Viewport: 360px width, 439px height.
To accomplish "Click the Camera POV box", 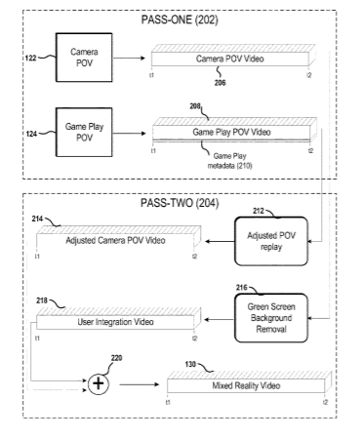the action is (x=84, y=58).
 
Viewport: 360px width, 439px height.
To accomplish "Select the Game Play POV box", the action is (x=84, y=133).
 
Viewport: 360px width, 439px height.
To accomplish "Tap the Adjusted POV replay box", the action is (x=271, y=241).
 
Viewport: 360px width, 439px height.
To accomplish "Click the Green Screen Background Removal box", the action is (x=271, y=318).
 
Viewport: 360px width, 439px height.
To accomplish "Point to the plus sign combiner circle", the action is (x=99, y=384).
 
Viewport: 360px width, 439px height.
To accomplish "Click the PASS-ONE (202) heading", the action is (x=180, y=20).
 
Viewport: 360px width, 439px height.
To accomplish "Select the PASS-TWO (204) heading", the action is (x=180, y=203).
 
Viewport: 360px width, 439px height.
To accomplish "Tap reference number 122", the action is (x=31, y=59).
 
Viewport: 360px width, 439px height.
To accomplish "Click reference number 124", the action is (x=31, y=134).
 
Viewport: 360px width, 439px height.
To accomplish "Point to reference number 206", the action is (x=220, y=83).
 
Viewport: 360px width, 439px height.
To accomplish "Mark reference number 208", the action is (x=195, y=106).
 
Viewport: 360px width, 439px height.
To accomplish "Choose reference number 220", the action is (x=116, y=358).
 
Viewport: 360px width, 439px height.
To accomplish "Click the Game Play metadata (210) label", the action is (x=229, y=161).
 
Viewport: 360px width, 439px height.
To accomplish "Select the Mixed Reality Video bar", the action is (x=249, y=382).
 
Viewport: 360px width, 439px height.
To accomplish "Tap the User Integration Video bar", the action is (x=118, y=319).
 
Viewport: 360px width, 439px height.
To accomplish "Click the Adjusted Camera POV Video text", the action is (x=115, y=240).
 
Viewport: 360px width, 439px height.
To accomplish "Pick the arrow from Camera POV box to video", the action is (x=129, y=59).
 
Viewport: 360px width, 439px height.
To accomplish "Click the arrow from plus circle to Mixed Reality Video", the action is (x=140, y=384).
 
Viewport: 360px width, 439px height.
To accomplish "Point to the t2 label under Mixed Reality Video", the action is (x=325, y=402).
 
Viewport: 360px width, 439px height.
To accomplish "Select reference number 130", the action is (x=190, y=364).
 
